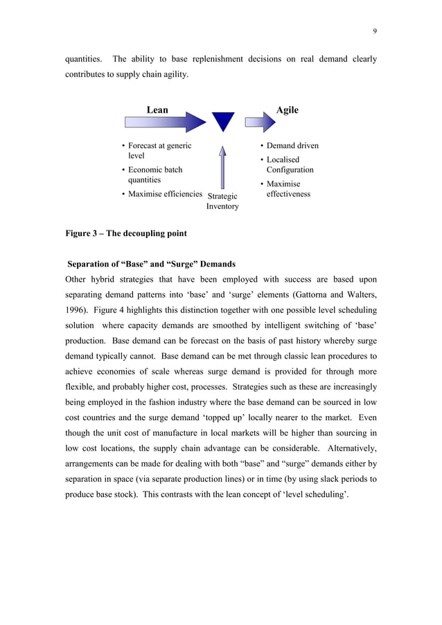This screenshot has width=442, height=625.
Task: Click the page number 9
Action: click(x=374, y=30)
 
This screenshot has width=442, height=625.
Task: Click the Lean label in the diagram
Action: click(x=157, y=109)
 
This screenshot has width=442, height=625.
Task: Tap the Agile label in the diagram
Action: click(x=287, y=109)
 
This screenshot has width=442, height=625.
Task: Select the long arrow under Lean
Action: click(x=165, y=123)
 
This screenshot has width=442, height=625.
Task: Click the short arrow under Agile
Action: click(x=260, y=123)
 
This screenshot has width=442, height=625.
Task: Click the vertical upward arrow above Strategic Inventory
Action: click(x=222, y=167)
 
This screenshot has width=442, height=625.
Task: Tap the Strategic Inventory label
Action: click(x=222, y=201)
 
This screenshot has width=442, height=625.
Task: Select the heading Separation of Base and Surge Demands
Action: click(x=151, y=264)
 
